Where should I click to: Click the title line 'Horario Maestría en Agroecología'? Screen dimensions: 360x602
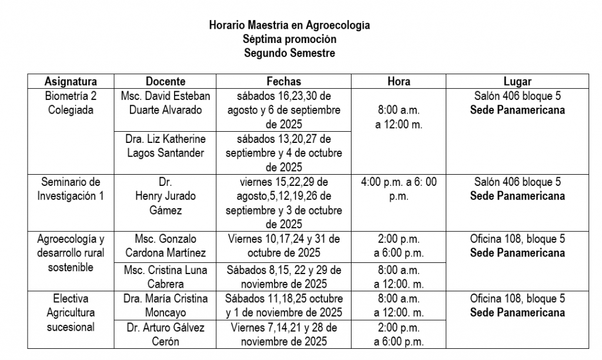pyautogui.click(x=289, y=26)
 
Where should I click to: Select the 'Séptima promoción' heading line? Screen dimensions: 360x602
pyautogui.click(x=289, y=39)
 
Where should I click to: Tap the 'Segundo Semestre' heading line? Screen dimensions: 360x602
pyautogui.click(x=289, y=53)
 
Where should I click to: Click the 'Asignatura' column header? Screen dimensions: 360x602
pyautogui.click(x=71, y=82)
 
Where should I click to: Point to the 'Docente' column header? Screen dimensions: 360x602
pyautogui.click(x=165, y=82)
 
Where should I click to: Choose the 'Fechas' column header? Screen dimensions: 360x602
pyautogui.click(x=283, y=82)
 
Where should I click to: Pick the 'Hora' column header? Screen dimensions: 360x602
pyautogui.click(x=399, y=82)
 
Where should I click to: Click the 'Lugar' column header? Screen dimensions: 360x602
pyautogui.click(x=517, y=82)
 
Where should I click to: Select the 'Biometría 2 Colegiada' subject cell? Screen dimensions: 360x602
pyautogui.click(x=71, y=103)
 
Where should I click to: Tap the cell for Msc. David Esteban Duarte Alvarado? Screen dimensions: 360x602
pyautogui.click(x=165, y=103)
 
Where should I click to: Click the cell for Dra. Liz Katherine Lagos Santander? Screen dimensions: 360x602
pyautogui.click(x=165, y=146)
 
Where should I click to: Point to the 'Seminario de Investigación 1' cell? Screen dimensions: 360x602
pyautogui.click(x=71, y=189)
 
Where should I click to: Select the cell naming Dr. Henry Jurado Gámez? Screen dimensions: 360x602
pyautogui.click(x=165, y=196)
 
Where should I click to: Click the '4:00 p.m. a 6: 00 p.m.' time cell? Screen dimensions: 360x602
pyautogui.click(x=399, y=189)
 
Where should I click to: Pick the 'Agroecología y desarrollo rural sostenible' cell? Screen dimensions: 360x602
pyautogui.click(x=71, y=253)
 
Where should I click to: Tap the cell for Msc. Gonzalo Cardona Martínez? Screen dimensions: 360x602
pyautogui.click(x=165, y=246)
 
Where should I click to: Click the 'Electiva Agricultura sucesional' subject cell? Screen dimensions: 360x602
pyautogui.click(x=71, y=312)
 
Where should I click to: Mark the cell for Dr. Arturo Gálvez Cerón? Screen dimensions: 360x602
pyautogui.click(x=165, y=334)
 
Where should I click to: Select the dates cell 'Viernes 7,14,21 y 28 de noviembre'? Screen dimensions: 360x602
pyautogui.click(x=283, y=334)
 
